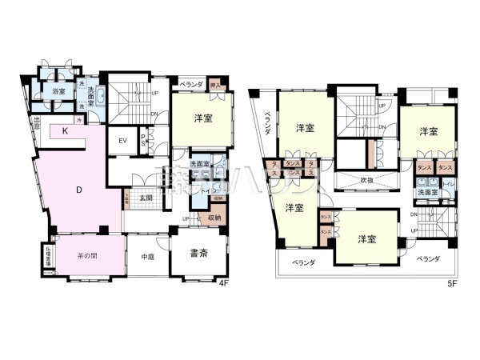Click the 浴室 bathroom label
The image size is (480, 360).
pyautogui.click(x=58, y=92)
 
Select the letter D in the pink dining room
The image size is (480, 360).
pyautogui.click(x=78, y=190)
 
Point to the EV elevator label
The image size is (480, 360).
pyautogui.click(x=123, y=142)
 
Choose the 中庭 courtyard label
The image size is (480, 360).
pyautogui.click(x=147, y=257)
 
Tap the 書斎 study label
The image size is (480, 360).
pyautogui.click(x=198, y=254)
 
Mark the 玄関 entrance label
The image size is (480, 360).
pyautogui.click(x=146, y=197)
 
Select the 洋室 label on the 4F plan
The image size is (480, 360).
pyautogui.click(x=203, y=118)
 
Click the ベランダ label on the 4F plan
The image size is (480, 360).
pyautogui.click(x=190, y=82)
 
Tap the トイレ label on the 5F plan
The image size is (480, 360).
pyautogui.click(x=447, y=186)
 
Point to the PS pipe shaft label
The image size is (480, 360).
pyautogui.click(x=143, y=141)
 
